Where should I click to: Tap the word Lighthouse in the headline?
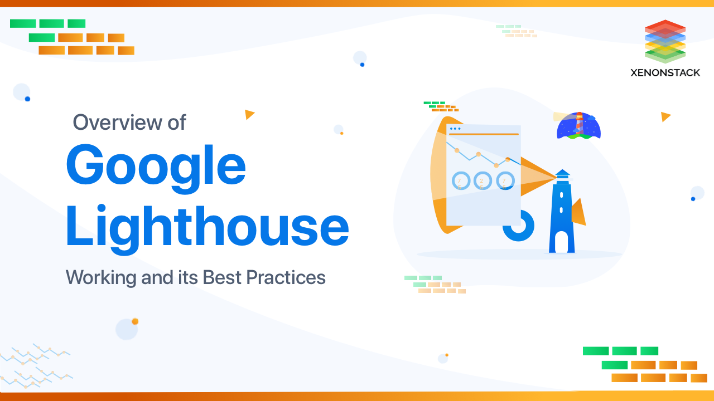(x=207, y=228)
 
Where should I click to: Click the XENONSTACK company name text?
(x=665, y=72)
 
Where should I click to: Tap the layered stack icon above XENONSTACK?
(x=665, y=41)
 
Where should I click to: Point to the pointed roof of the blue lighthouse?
(x=562, y=172)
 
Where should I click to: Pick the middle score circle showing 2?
(x=483, y=180)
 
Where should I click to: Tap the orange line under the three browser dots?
(x=483, y=134)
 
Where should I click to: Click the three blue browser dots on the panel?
(x=455, y=129)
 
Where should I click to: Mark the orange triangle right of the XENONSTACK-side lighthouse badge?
(x=665, y=116)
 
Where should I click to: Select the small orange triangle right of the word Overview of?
(x=249, y=114)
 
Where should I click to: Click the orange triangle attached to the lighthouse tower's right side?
(x=578, y=213)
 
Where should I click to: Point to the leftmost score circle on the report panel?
(x=460, y=180)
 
